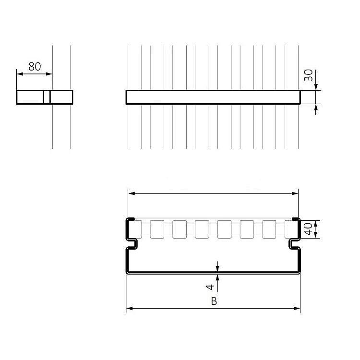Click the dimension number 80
click(x=35, y=67)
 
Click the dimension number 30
click(x=308, y=75)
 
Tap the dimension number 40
click(x=308, y=229)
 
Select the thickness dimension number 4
click(x=210, y=287)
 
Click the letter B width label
click(x=214, y=301)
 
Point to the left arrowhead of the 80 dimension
click(x=20, y=74)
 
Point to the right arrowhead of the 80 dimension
click(x=49, y=74)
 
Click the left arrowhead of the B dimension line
click(x=130, y=308)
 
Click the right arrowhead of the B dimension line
click(x=297, y=308)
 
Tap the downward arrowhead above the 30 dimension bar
click(x=316, y=87)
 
